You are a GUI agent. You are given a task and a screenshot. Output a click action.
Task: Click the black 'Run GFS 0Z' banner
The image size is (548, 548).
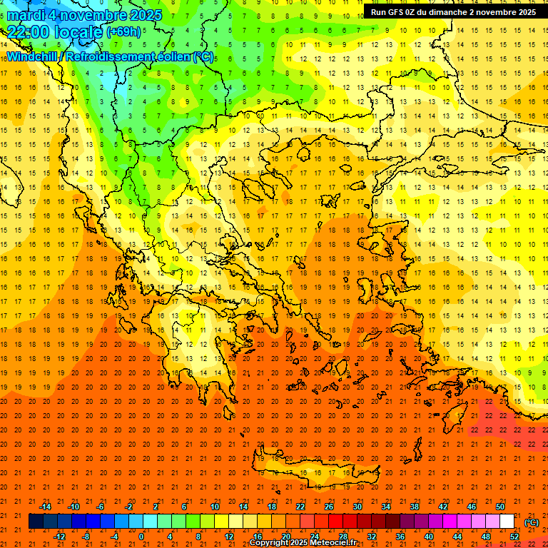453,12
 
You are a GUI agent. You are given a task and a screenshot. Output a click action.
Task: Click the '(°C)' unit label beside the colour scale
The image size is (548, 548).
532,522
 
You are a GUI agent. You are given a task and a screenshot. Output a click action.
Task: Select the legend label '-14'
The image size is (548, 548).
45,507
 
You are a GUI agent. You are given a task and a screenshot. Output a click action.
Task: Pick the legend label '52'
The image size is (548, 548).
514,537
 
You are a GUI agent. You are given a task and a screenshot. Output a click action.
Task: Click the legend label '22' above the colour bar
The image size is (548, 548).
300,507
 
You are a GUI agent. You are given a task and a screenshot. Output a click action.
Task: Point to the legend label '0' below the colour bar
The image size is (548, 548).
141,537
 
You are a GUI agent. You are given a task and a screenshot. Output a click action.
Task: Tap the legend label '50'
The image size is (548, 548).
500,507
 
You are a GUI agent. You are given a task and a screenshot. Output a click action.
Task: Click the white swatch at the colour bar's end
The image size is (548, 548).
507,522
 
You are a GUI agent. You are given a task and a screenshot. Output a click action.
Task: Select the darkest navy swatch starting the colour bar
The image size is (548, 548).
36,522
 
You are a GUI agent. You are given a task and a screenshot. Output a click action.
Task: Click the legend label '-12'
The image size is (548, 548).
60,537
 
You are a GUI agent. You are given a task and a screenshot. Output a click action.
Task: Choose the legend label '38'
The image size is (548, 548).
415,507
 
